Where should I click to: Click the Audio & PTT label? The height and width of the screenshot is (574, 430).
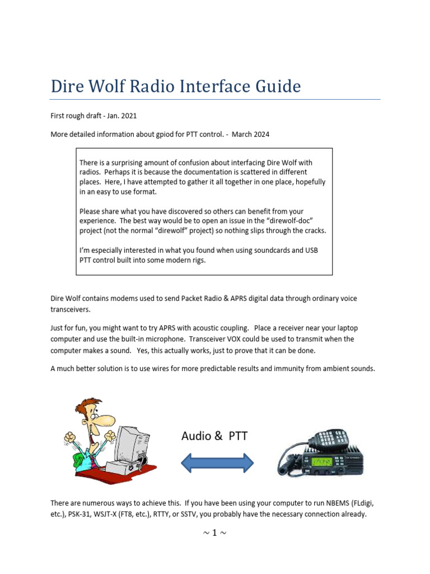click(214, 436)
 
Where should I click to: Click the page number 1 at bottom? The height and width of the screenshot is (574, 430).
click(214, 533)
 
